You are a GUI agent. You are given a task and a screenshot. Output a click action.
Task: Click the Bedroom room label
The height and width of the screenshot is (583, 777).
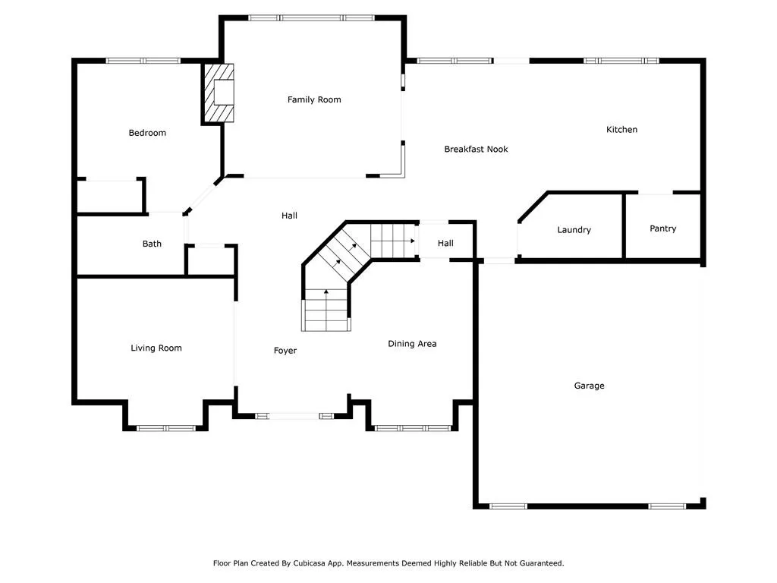tap(147, 133)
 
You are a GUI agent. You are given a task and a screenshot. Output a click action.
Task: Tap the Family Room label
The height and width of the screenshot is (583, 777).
tap(314, 99)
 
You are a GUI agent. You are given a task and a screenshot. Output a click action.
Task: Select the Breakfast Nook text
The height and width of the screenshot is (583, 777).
tap(476, 149)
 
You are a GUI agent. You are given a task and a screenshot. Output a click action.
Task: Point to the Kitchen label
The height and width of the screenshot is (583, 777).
tap(621, 130)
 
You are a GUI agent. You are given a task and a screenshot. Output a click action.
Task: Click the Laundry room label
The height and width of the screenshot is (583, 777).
tap(574, 230)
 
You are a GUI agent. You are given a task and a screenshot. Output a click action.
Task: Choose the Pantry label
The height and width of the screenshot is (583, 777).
tap(662, 228)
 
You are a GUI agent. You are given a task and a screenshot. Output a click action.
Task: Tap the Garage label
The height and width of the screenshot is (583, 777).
tap(589, 386)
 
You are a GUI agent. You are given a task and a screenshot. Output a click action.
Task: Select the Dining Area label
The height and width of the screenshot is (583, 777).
tap(412, 344)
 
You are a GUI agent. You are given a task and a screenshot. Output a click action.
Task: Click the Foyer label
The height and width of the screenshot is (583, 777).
tap(285, 351)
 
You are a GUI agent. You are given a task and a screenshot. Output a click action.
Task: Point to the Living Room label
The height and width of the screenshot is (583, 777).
tap(156, 348)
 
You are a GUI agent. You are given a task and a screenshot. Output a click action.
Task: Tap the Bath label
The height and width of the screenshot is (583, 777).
tap(152, 244)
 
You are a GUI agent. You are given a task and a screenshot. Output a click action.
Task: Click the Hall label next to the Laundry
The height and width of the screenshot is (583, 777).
tap(445, 243)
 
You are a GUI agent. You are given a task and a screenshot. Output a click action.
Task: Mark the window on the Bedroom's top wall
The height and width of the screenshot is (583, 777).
tap(143, 61)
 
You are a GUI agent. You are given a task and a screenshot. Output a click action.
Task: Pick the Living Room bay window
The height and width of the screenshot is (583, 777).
tap(166, 428)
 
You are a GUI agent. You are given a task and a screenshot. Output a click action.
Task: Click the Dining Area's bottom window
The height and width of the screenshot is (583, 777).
tap(413, 428)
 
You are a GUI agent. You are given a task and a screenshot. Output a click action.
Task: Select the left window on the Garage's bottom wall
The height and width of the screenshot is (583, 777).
tap(508, 506)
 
